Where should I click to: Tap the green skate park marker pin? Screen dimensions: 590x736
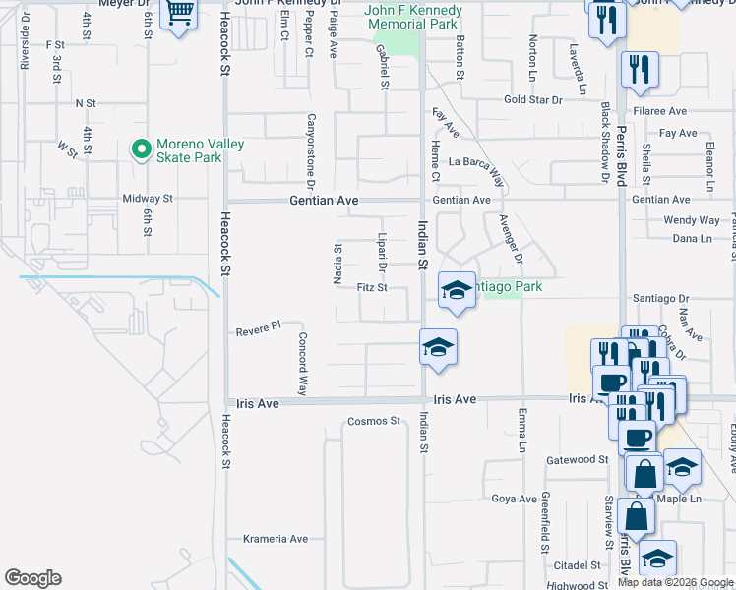pos(141,150)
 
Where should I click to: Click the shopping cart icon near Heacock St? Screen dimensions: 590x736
pos(178,14)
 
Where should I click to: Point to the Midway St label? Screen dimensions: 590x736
pos(148,199)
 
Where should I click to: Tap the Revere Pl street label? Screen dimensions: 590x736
pos(259,331)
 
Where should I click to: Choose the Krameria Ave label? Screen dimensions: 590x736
pos(275,539)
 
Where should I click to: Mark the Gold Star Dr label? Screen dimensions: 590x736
pos(532,100)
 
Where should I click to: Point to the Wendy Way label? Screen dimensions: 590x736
pos(692,220)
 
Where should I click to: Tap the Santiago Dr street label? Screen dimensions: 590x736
pos(653,297)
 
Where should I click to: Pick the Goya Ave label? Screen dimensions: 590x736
pos(514,499)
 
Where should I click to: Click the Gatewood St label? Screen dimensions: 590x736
pos(578,459)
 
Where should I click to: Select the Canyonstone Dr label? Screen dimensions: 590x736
pos(310,150)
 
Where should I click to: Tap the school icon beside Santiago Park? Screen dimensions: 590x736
pos(457,289)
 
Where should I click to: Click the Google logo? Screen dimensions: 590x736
pos(32,578)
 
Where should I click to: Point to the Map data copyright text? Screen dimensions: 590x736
pos(675,582)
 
